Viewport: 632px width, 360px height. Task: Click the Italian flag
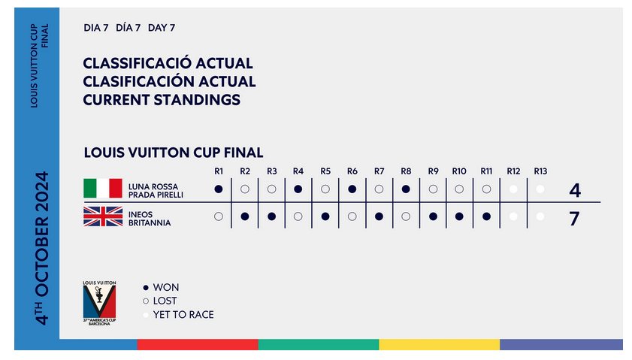103,188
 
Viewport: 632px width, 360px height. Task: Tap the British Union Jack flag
103,216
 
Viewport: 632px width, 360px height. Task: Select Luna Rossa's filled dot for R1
219,189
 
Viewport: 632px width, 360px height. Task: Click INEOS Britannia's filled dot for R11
486,216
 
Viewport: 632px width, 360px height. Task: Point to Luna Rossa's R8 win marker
406,189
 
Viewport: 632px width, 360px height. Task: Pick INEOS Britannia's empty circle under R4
298,216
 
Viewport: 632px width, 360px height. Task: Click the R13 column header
540,171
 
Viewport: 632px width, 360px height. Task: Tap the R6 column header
352,171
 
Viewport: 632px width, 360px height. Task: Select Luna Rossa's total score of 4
575,190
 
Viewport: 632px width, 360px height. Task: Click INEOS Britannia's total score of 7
574,219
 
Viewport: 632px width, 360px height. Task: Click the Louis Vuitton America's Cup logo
99,303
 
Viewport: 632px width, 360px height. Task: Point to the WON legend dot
146,287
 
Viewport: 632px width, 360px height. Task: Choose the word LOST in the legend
165,301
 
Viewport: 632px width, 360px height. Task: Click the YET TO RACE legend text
183,314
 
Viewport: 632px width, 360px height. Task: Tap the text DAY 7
162,28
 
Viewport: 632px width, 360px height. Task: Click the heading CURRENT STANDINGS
162,99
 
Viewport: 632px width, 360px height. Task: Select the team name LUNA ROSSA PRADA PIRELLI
156,191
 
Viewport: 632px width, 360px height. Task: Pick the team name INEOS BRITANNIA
150,219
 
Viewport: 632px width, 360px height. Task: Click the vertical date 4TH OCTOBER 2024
42,248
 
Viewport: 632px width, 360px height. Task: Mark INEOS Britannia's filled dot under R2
245,216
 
